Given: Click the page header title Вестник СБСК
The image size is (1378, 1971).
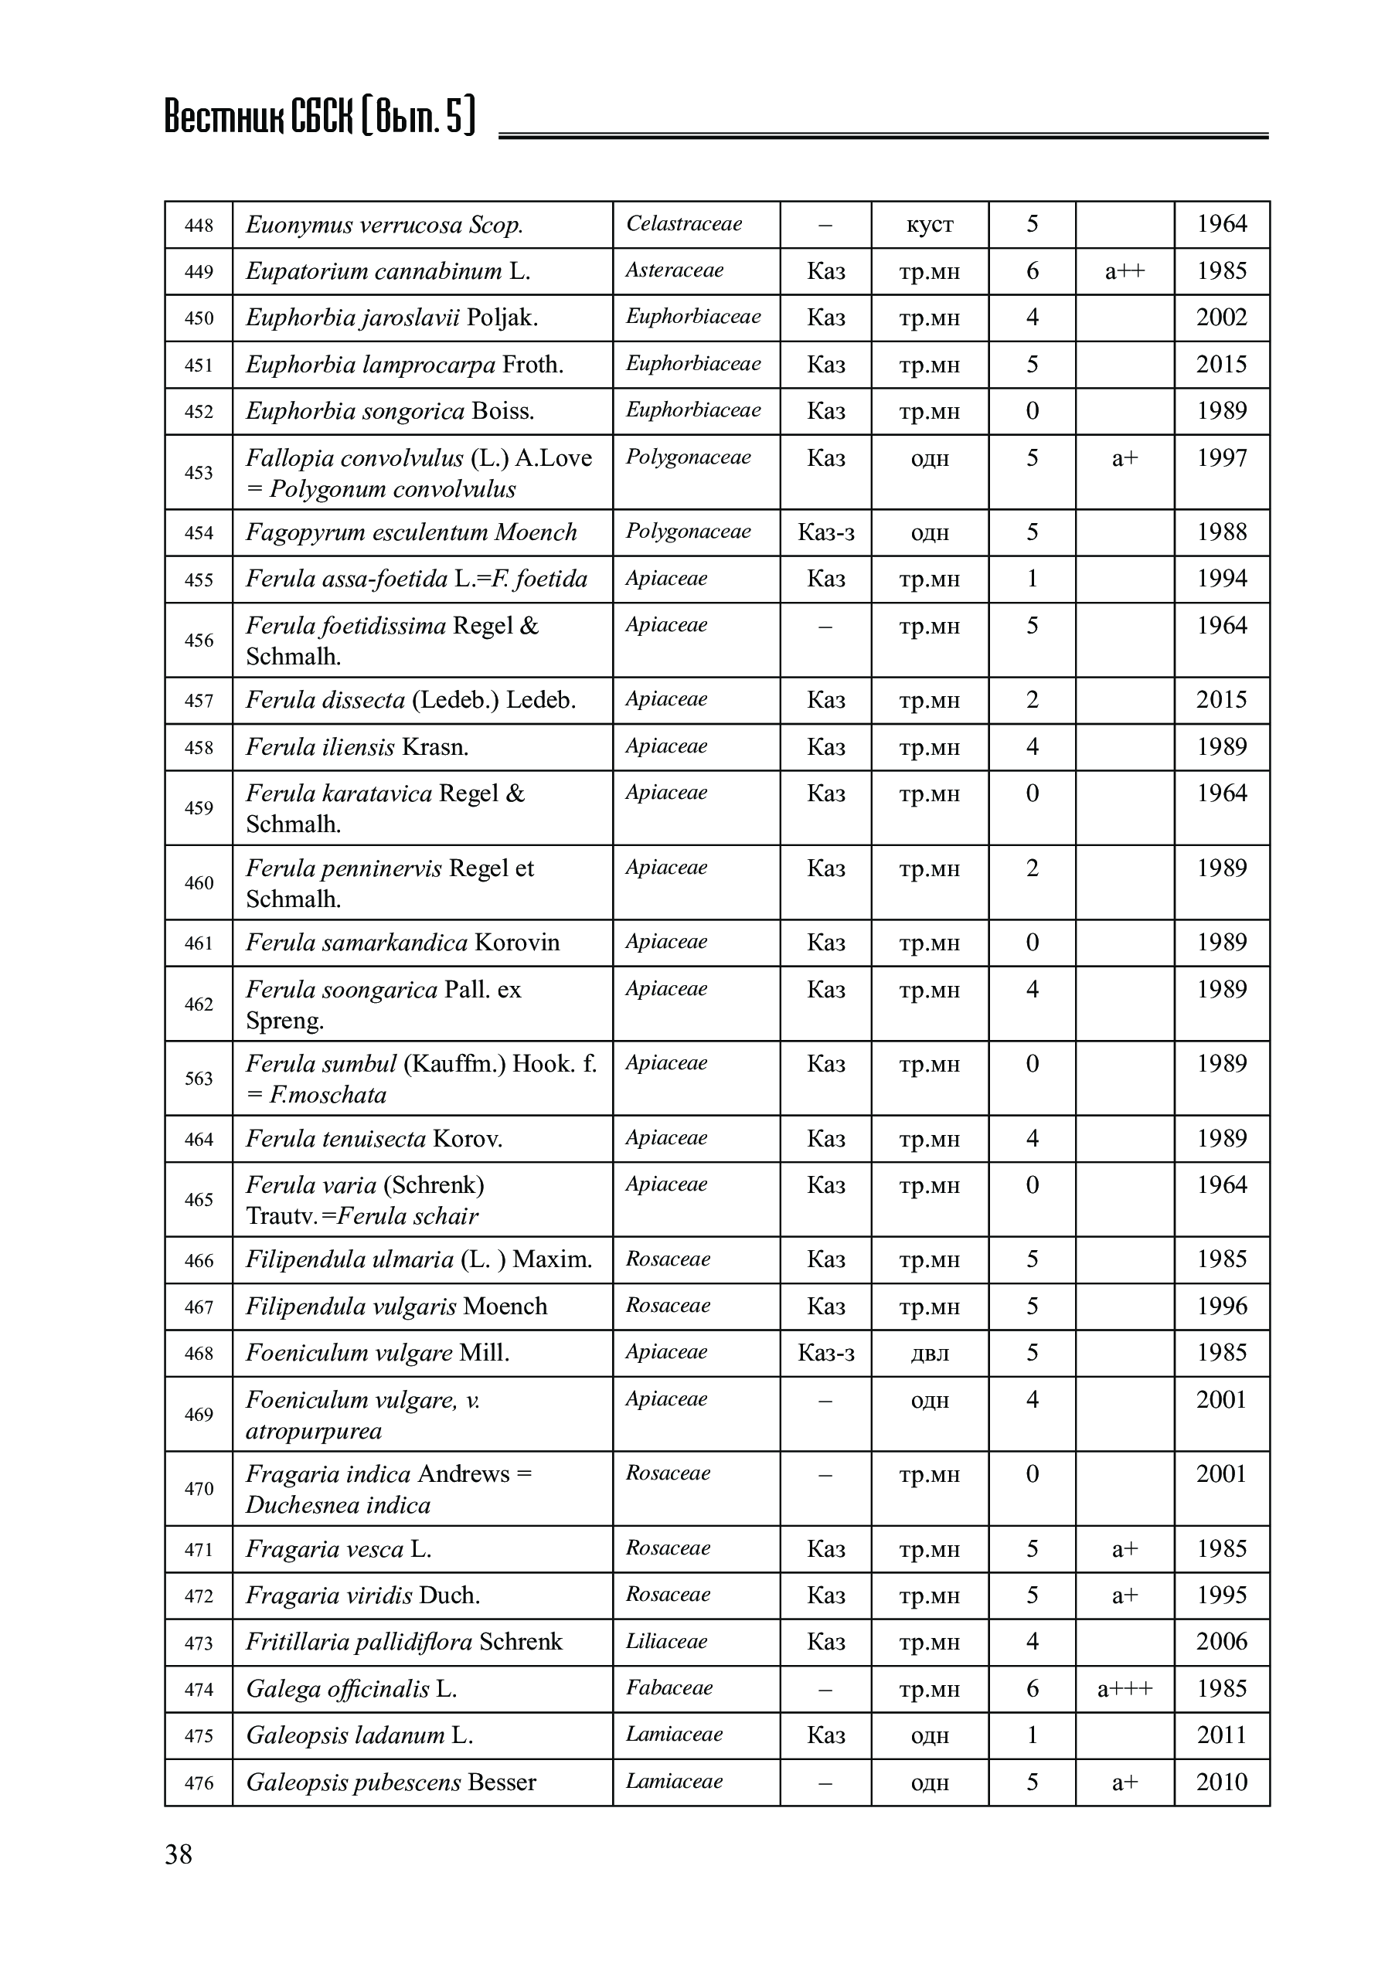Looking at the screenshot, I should point(318,117).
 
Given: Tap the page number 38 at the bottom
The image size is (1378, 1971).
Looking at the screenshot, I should point(179,1854).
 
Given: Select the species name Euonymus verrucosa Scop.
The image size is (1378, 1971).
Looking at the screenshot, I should point(384,225).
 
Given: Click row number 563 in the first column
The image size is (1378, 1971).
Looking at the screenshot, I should point(199,1078).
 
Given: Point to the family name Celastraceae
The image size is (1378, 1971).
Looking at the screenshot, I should point(683,224).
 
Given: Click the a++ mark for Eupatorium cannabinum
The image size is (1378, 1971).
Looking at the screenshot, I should point(1124,271).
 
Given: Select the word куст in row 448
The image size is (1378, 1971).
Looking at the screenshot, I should point(929,225).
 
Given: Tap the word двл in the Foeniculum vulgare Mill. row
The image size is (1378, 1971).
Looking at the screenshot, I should point(929,1354).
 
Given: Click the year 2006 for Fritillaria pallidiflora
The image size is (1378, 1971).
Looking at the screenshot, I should point(1221,1641).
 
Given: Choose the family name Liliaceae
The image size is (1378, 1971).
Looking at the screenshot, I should point(666,1641).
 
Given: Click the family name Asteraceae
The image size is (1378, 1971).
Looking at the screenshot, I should point(674,270).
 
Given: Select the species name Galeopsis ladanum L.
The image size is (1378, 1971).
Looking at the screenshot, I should point(359,1736).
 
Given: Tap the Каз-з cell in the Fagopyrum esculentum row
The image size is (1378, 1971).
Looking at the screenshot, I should point(825,532).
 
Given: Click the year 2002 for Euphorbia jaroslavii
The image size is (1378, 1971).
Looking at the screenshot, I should point(1221,318).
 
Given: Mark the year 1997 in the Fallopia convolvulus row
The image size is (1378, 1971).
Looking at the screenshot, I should point(1221,457).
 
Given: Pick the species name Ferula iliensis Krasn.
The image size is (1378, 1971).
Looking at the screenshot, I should point(357,747).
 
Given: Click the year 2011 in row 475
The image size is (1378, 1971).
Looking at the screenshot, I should point(1221,1735).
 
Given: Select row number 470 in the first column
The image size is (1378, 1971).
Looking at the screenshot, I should point(199,1489).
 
